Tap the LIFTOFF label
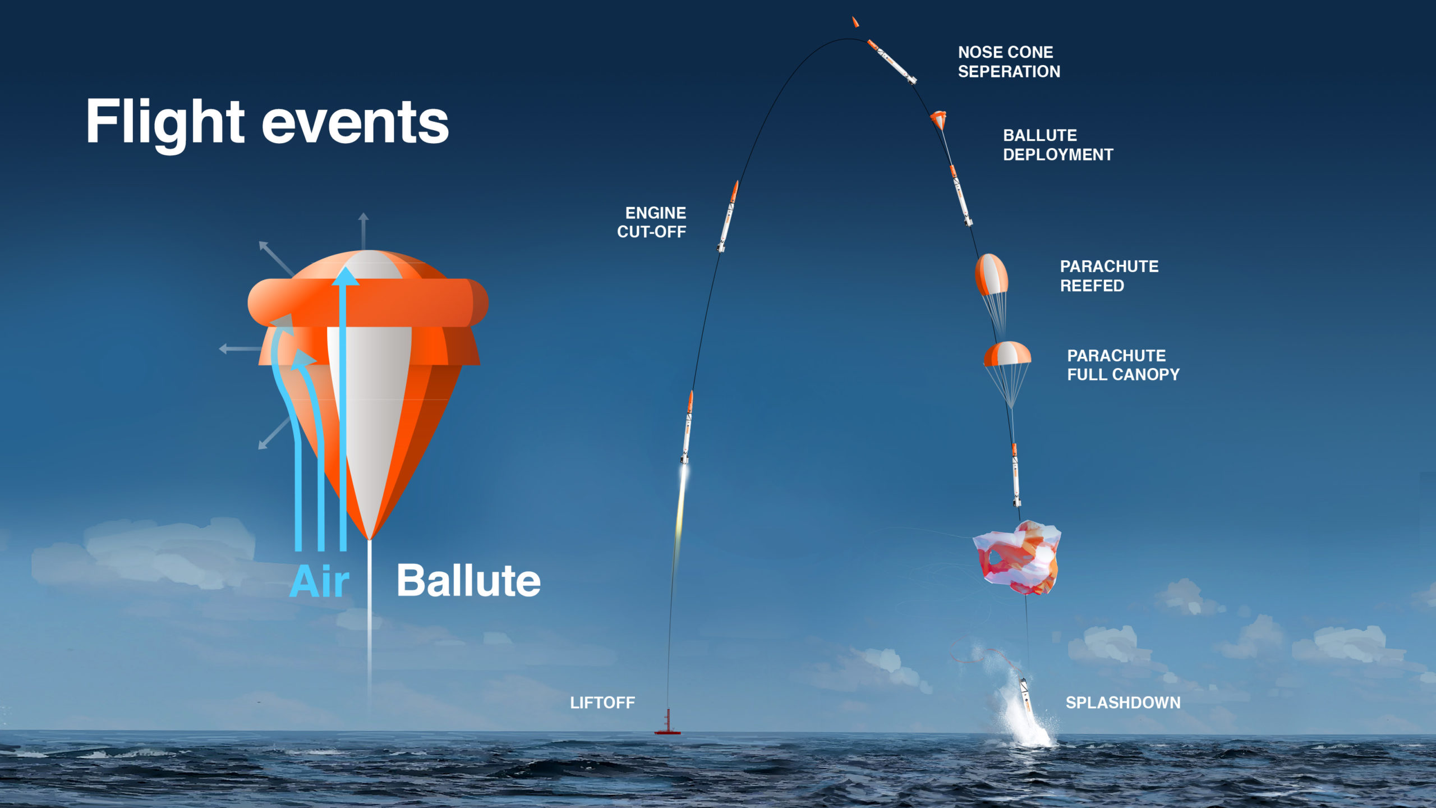click(602, 703)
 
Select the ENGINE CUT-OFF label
click(651, 222)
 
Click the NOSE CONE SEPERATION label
click(1009, 62)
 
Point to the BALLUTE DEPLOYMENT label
click(1058, 145)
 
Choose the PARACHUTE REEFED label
click(1109, 276)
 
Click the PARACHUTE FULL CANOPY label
click(1123, 365)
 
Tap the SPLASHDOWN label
click(1123, 703)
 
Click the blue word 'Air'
click(320, 581)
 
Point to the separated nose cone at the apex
click(855, 22)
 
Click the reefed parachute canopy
click(991, 274)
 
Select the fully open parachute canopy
click(1007, 353)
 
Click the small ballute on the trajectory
click(938, 119)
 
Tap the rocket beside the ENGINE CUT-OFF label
click(728, 216)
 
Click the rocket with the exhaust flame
click(687, 428)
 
